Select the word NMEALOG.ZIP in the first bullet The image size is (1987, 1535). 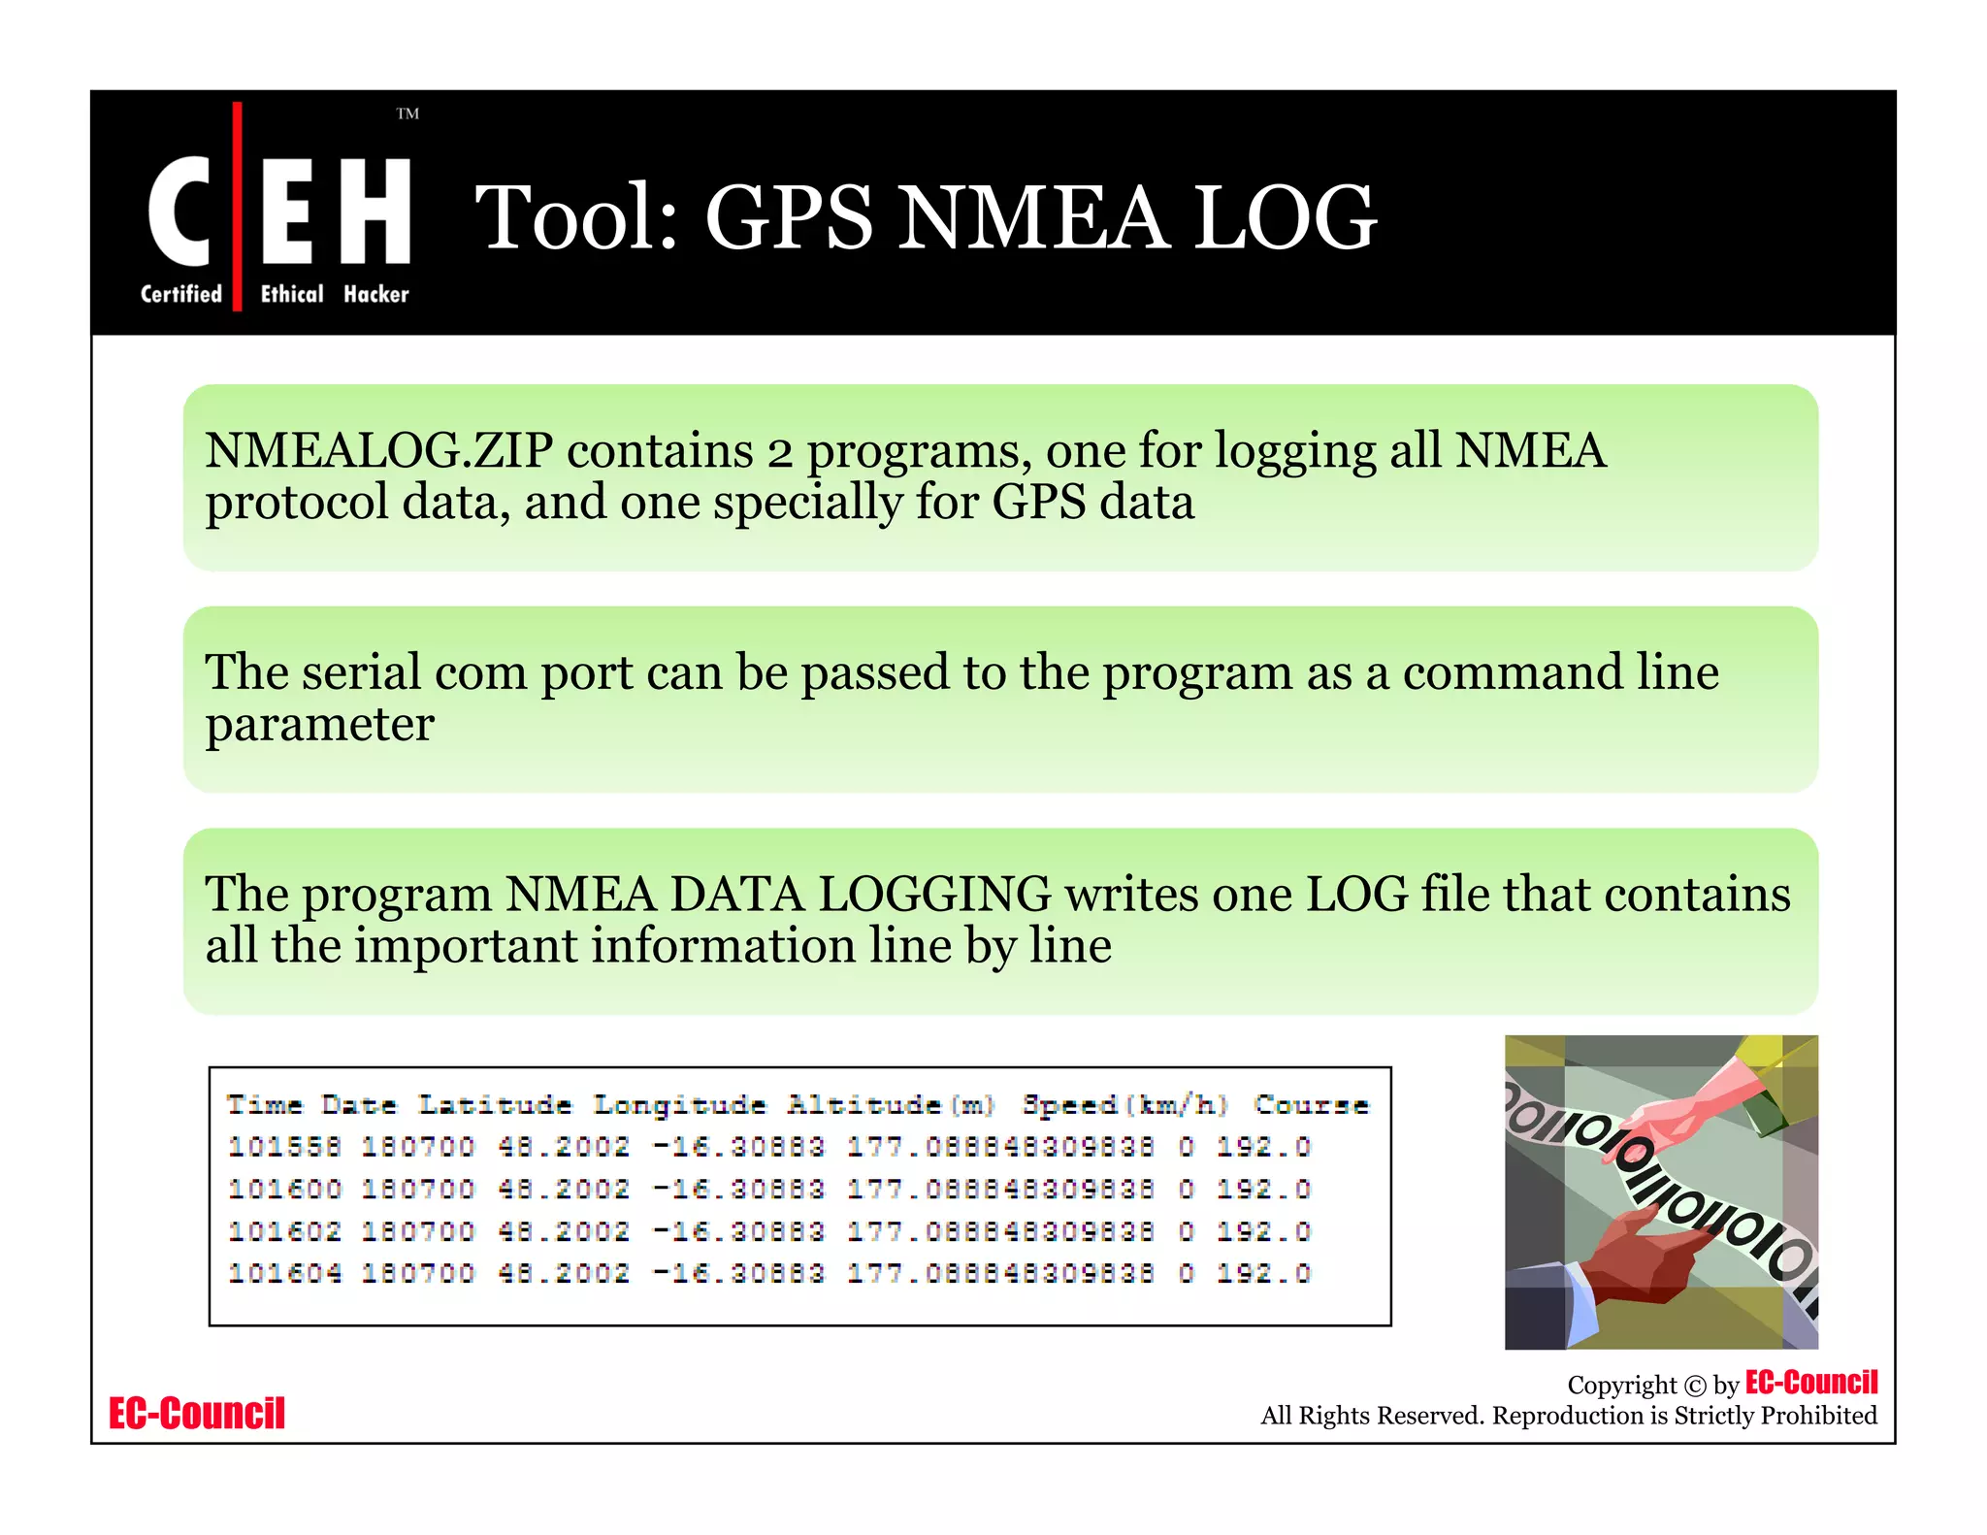click(378, 451)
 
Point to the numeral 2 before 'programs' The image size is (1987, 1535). click(779, 453)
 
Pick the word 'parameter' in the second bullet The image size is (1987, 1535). click(319, 726)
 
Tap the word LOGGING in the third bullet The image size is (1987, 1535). click(933, 894)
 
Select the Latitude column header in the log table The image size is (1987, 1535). click(495, 1105)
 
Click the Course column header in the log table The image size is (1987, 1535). click(1311, 1105)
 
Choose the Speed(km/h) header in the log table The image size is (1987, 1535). click(1125, 1105)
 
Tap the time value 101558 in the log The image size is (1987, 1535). click(284, 1147)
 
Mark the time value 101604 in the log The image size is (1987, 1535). click(284, 1273)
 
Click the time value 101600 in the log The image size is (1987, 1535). click(284, 1190)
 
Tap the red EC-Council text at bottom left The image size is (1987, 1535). click(197, 1414)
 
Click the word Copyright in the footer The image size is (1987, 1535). click(1621, 1386)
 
